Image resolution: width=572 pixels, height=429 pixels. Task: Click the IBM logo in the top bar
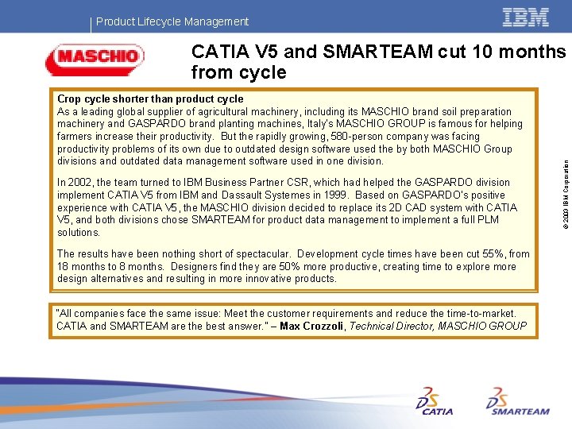point(525,17)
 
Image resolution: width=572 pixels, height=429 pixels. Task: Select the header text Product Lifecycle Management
point(172,21)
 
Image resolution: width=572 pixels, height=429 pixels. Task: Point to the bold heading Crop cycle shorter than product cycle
point(150,99)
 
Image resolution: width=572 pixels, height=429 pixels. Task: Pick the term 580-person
point(338,137)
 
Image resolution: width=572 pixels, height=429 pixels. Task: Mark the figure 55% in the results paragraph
point(490,254)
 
